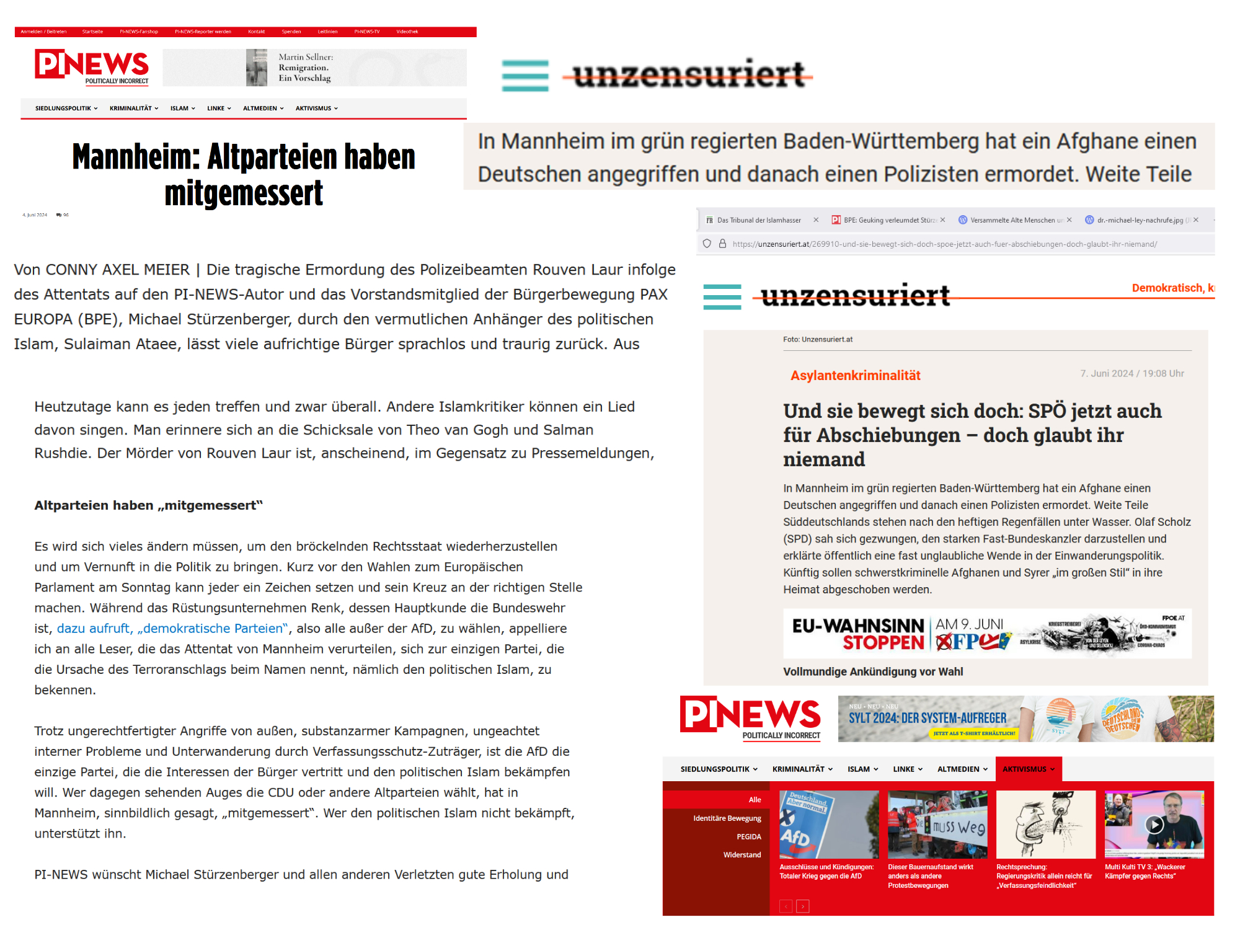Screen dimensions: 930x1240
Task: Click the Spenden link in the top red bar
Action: [x=291, y=32]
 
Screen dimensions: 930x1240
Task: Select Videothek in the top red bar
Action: [x=407, y=32]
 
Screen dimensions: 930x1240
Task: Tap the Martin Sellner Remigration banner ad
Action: [x=314, y=68]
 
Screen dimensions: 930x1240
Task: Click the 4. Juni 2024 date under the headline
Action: [x=35, y=215]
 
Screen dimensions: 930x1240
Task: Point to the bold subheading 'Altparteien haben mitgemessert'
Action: [x=148, y=505]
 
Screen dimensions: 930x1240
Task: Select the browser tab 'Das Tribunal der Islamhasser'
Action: [x=758, y=220]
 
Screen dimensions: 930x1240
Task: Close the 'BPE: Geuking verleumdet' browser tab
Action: [x=942, y=220]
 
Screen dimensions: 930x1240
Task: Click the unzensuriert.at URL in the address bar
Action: [x=944, y=244]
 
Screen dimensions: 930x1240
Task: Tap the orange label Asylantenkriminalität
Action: [x=855, y=375]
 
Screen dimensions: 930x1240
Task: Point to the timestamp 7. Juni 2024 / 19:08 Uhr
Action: [x=1131, y=373]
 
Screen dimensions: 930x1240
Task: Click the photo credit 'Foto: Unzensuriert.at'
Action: [x=817, y=339]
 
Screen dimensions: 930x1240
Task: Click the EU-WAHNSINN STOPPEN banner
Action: [x=986, y=634]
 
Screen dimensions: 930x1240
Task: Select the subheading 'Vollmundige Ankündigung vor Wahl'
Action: [x=872, y=671]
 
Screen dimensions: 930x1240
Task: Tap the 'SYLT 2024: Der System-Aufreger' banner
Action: [x=1025, y=719]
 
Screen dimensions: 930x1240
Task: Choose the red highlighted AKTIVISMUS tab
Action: [x=1028, y=769]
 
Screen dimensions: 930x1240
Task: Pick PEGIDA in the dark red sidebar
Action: [x=748, y=836]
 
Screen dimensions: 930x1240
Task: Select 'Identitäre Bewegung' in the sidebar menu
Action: [x=727, y=818]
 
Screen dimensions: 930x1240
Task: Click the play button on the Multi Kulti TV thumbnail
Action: [x=1154, y=824]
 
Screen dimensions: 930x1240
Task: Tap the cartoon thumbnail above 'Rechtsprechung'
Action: [x=1045, y=824]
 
